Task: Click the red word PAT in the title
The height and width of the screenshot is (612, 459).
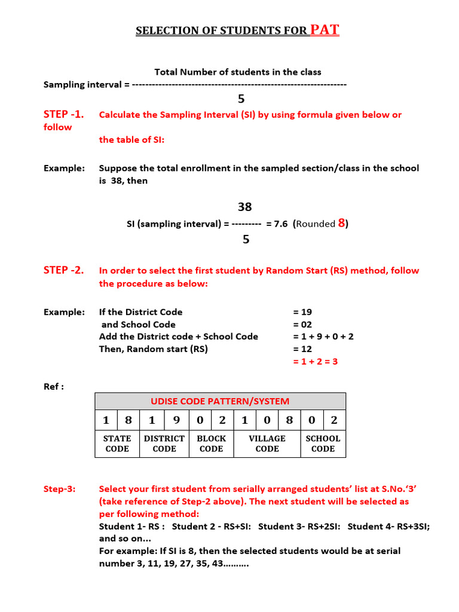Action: (x=325, y=30)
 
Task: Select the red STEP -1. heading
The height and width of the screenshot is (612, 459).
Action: (x=63, y=114)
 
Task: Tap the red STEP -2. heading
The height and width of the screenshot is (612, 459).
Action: (x=63, y=270)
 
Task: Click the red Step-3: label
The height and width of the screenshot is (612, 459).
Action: (x=60, y=489)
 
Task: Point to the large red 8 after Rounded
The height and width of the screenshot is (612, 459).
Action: (x=342, y=224)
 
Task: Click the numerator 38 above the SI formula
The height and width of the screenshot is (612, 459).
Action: (x=244, y=207)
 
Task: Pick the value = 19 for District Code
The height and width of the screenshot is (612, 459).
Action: (x=302, y=312)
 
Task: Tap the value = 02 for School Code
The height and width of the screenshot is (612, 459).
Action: (x=302, y=325)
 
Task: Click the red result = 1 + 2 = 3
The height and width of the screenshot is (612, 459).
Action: (x=315, y=362)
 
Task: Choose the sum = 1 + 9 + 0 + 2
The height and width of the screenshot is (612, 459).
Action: (x=323, y=336)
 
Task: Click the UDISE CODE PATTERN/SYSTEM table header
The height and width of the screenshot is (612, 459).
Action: (x=220, y=401)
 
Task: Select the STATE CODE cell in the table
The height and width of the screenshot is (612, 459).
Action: (x=117, y=443)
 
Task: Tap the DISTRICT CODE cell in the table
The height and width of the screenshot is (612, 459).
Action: (x=164, y=443)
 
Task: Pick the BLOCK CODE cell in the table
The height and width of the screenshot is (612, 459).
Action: (x=211, y=443)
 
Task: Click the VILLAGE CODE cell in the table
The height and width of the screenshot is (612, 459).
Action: (x=267, y=443)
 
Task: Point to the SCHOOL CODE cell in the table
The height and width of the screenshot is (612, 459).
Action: (x=323, y=443)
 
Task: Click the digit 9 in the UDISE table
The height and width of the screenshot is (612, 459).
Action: (x=176, y=420)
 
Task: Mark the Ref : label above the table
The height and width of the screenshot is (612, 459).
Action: (x=54, y=387)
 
